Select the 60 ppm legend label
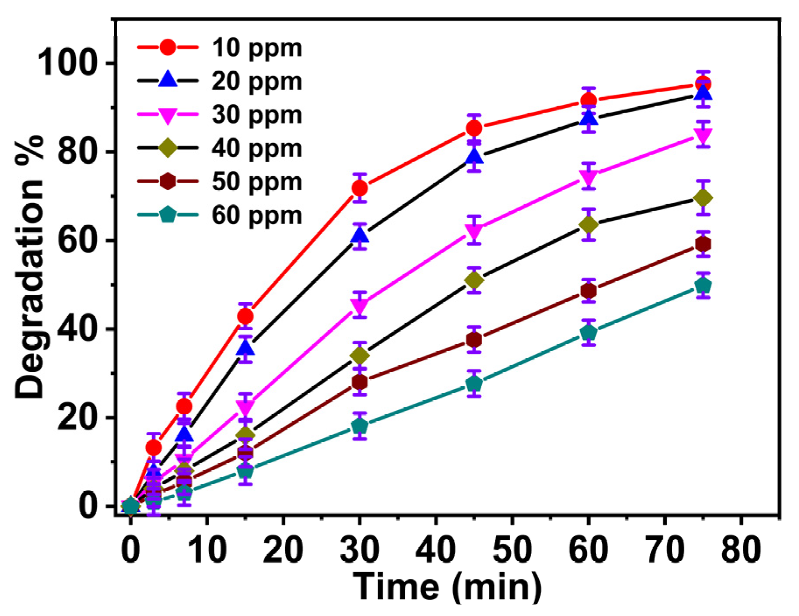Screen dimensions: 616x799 tap(257, 215)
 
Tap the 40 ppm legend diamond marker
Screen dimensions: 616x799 tap(168, 148)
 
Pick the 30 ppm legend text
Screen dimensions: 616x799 tap(257, 115)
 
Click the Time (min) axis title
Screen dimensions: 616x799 tap(447, 586)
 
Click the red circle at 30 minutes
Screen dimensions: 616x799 tap(360, 188)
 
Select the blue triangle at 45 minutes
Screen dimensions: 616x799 tap(474, 157)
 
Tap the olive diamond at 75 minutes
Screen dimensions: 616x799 tap(703, 198)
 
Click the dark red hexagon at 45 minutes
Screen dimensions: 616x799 tap(474, 339)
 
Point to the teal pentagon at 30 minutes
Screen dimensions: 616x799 tap(360, 426)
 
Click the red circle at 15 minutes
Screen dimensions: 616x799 tap(245, 316)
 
